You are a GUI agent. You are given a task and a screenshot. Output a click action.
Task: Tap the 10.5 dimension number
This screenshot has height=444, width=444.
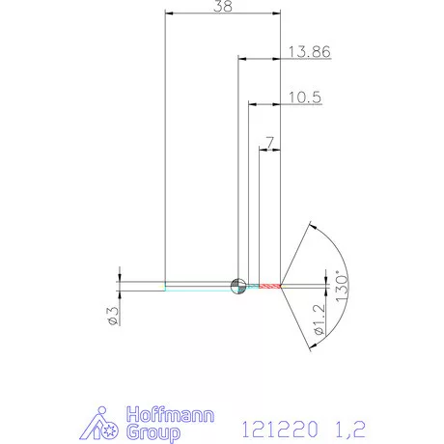(x=304, y=97)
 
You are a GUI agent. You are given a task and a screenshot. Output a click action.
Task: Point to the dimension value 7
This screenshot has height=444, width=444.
(x=269, y=142)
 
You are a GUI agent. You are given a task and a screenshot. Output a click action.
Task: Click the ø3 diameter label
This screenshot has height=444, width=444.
(x=112, y=315)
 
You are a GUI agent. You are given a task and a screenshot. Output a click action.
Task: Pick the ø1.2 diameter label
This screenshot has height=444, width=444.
(x=319, y=319)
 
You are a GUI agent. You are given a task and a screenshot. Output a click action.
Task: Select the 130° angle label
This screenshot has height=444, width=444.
(x=340, y=287)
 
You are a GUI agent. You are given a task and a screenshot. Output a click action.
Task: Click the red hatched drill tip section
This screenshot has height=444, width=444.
(x=269, y=286)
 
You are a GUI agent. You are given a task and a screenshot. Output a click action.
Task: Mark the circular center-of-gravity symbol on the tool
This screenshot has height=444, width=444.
(x=237, y=285)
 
